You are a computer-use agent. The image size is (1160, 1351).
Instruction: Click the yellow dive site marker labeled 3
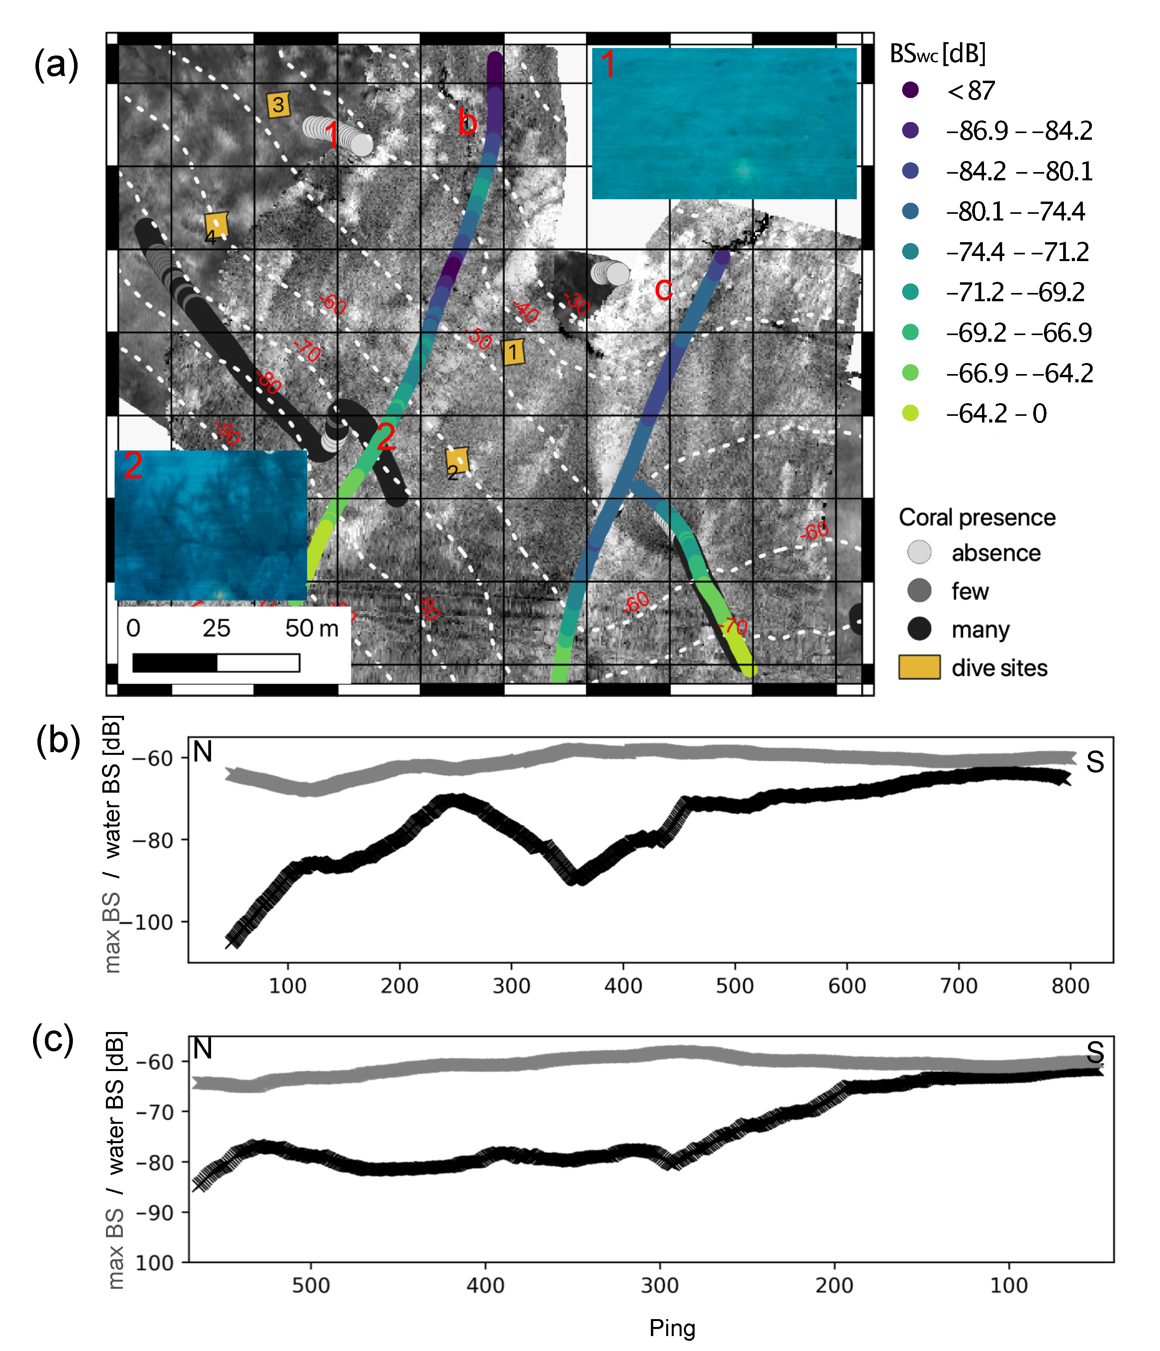(278, 104)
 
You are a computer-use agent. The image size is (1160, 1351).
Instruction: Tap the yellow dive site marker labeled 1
(513, 352)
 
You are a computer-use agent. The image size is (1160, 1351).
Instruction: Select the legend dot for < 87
(910, 90)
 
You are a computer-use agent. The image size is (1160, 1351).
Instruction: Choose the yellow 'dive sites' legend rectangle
(919, 667)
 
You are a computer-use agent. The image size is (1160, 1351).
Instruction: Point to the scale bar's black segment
(175, 663)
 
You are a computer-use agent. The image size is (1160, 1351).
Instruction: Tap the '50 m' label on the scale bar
(312, 628)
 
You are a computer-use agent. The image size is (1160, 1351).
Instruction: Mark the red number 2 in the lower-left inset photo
(133, 465)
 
